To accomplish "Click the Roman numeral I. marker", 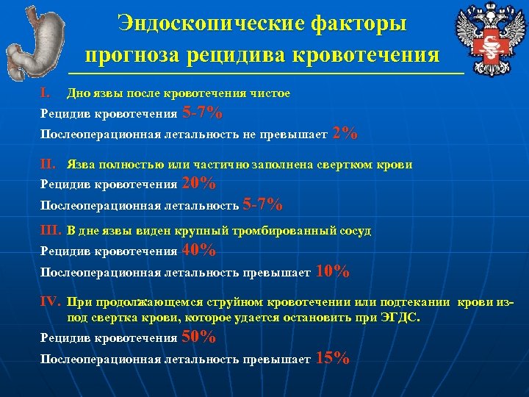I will (x=46, y=93).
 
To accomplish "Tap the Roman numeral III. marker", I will (x=51, y=230).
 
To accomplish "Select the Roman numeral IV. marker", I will (x=51, y=301).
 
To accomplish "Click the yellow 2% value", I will (x=345, y=133).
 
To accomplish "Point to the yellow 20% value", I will (x=198, y=183).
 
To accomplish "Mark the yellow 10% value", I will (x=332, y=271).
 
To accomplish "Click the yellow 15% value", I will (x=332, y=358).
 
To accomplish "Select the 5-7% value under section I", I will (x=203, y=113).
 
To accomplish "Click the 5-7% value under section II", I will (x=262, y=204).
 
